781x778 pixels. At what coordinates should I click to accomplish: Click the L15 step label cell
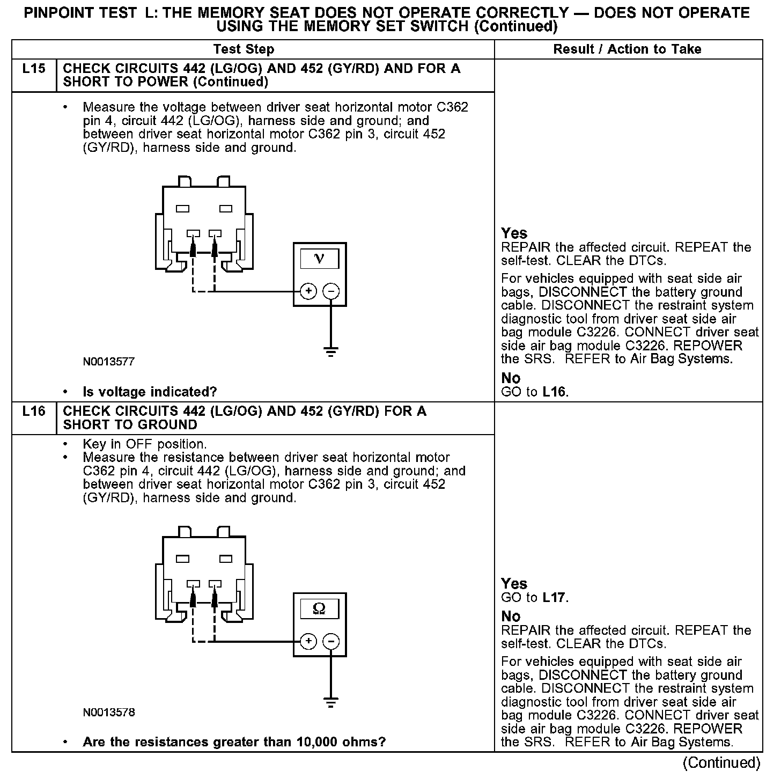34,69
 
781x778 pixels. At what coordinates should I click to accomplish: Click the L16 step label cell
34,412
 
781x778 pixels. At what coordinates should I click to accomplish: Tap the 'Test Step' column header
244,49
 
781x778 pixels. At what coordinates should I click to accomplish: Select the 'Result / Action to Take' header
627,49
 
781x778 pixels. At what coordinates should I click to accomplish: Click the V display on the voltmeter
319,259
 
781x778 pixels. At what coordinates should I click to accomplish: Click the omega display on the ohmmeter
319,608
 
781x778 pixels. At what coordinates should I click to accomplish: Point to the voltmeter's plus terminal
308,291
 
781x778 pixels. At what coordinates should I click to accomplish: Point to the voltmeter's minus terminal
331,291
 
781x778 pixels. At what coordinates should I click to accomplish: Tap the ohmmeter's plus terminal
308,641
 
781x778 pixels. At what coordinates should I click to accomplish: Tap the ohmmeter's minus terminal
331,641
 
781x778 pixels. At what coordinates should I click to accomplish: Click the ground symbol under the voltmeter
331,352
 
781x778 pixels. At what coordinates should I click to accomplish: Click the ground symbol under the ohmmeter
331,702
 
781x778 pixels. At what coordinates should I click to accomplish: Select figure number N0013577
109,362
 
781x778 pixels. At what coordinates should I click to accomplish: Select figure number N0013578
109,713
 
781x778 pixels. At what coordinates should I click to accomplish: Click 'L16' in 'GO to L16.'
554,392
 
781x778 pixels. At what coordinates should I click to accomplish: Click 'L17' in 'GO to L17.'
554,598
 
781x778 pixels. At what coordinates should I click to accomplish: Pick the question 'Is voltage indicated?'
150,392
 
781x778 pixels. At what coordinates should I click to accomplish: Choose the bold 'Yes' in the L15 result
514,233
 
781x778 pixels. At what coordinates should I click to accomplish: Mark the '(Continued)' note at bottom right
721,762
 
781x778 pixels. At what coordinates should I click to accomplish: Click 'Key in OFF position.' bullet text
145,444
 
